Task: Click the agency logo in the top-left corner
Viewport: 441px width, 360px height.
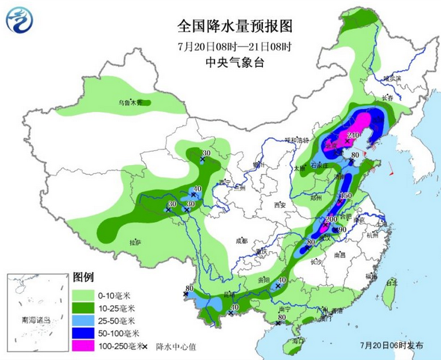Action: pyautogui.click(x=21, y=21)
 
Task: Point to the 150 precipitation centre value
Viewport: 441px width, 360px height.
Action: pyautogui.click(x=345, y=196)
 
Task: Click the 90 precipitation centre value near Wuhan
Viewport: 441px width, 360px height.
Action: pyautogui.click(x=343, y=230)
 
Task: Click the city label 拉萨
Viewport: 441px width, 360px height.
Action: pyautogui.click(x=135, y=242)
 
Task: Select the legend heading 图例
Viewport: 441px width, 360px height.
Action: pyautogui.click(x=83, y=277)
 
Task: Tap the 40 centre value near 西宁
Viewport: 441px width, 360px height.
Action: pyautogui.click(x=197, y=189)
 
